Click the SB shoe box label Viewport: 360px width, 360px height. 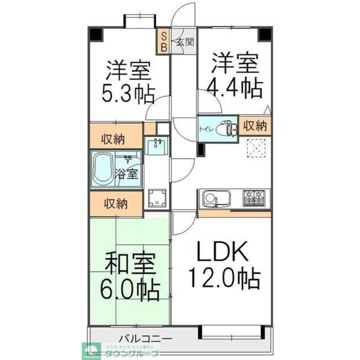(x=163, y=41)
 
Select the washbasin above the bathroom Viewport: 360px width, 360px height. (x=156, y=146)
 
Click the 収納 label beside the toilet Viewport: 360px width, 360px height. (x=255, y=126)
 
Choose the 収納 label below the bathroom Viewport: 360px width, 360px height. (x=116, y=204)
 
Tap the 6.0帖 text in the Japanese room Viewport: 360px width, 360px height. (x=130, y=290)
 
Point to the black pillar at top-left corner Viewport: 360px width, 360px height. (x=96, y=35)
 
